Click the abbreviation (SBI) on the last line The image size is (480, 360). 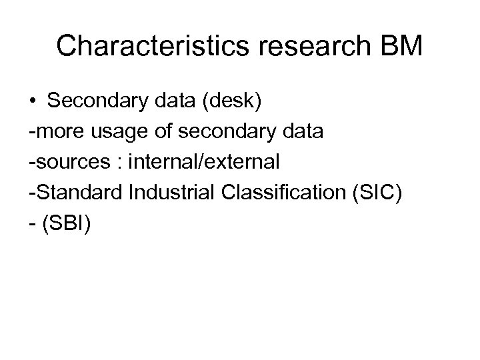click(x=67, y=221)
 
